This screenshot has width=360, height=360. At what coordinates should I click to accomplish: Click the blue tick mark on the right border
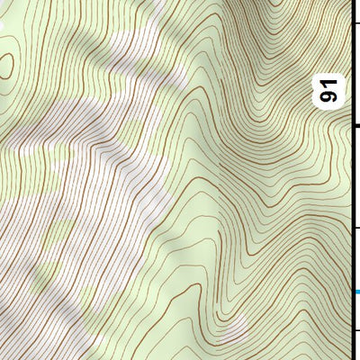pyautogui.click(x=356, y=292)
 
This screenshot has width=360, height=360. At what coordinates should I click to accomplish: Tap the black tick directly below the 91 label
pyautogui.click(x=355, y=125)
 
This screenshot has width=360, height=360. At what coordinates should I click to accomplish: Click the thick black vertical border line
pyautogui.click(x=351, y=180)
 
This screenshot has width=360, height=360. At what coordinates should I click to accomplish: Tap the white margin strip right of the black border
pyautogui.click(x=356, y=180)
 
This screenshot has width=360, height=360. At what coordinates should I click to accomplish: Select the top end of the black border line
pyautogui.click(x=351, y=2)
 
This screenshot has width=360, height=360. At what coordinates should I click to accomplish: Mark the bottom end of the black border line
pyautogui.click(x=351, y=357)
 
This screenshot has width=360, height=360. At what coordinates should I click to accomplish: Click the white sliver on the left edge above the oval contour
pyautogui.click(x=3, y=27)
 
